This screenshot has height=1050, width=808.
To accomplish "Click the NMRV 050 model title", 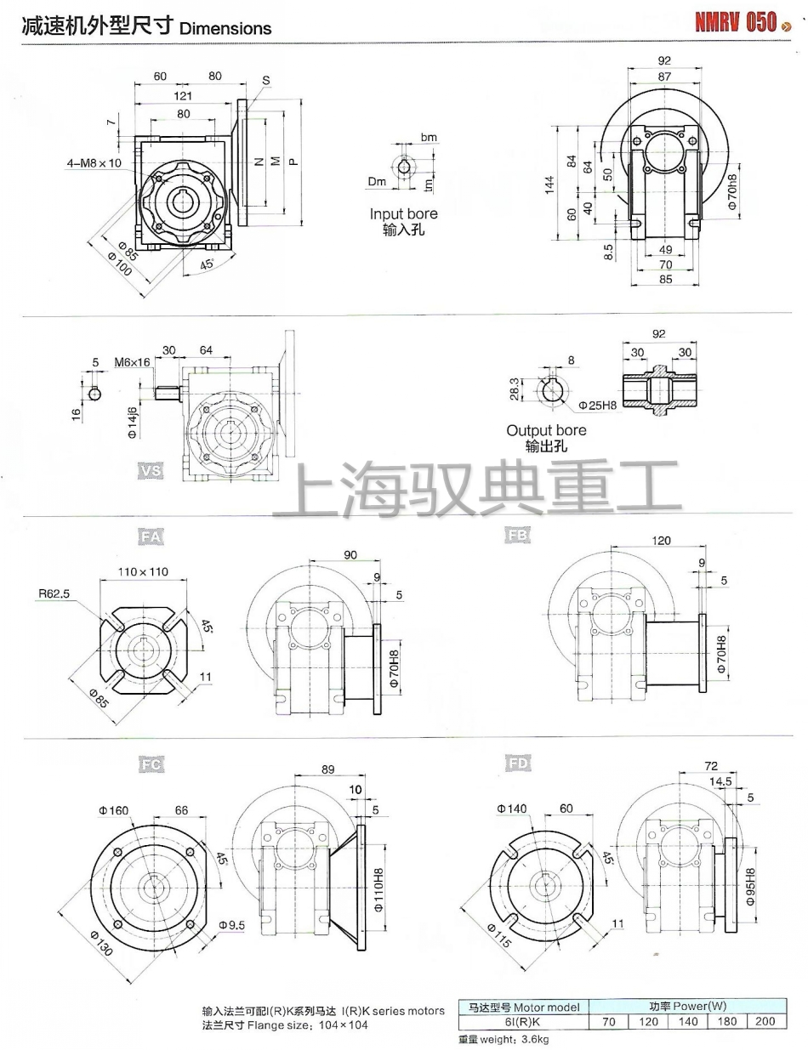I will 736,23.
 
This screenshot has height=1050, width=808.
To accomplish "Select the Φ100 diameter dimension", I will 119,265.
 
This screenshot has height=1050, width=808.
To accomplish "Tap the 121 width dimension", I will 183,95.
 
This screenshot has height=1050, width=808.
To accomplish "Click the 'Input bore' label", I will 403,214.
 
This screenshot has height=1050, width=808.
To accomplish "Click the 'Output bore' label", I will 546,430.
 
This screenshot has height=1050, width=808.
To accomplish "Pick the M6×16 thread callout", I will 133,363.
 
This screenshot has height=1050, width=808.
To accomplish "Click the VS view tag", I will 151,469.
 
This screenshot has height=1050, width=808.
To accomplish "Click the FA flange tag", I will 151,536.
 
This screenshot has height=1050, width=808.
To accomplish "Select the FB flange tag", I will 517,536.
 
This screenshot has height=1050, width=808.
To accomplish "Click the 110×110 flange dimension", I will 142,571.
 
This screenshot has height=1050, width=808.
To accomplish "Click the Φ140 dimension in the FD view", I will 514,809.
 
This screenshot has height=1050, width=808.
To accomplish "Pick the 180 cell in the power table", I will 726,1021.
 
